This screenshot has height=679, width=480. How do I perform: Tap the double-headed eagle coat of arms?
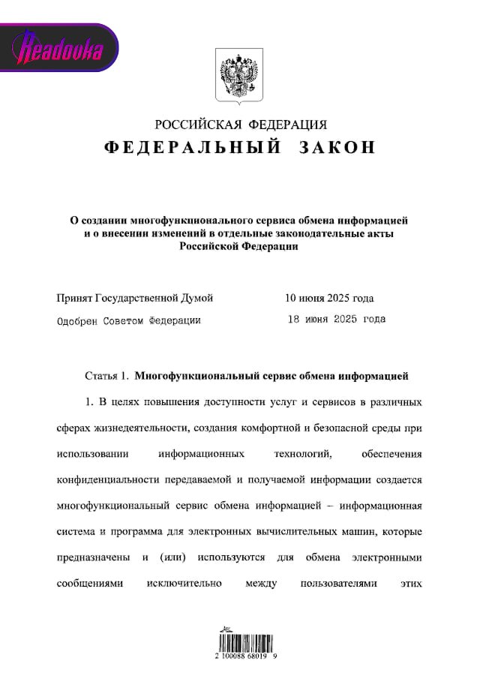point(240,76)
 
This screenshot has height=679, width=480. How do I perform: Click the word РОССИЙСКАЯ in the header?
point(196,125)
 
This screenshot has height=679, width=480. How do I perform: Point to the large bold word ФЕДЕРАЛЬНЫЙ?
point(193,147)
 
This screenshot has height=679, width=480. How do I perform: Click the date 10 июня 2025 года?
point(329,298)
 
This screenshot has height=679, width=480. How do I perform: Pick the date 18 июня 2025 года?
point(337,320)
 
